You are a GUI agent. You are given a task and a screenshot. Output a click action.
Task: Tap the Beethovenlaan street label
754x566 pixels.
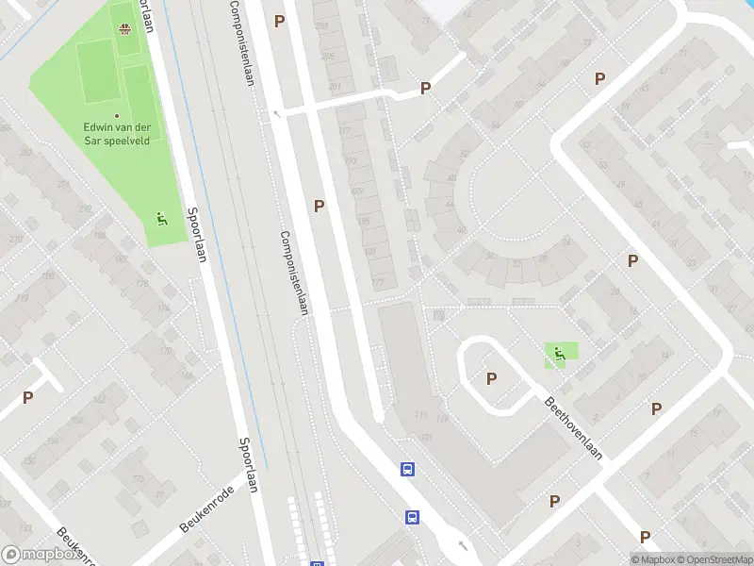[571, 425]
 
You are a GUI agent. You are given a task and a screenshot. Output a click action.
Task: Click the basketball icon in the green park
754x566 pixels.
[123, 27]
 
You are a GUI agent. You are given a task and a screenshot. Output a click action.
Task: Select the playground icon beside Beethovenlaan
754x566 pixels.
[560, 355]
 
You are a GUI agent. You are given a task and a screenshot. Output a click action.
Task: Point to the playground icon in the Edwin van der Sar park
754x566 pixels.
[161, 220]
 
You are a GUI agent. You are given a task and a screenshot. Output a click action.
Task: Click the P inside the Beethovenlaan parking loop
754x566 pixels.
[491, 378]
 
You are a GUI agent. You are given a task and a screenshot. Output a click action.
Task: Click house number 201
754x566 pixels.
[335, 86]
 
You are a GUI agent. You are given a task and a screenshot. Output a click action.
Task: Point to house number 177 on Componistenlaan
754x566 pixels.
[344, 131]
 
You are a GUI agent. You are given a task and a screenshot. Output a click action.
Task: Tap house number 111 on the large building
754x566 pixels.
[420, 417]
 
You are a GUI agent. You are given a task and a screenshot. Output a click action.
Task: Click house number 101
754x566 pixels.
[426, 438]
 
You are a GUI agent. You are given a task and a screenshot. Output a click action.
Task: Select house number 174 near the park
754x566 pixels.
[165, 308]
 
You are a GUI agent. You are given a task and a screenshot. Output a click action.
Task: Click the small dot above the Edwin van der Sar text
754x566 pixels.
[117, 116]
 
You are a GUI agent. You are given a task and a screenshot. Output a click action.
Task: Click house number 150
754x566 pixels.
[28, 460]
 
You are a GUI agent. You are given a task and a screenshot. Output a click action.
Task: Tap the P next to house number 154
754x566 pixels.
[27, 398]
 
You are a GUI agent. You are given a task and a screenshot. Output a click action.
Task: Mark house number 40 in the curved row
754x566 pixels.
[461, 229]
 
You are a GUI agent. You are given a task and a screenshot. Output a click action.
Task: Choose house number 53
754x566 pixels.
[494, 125]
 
